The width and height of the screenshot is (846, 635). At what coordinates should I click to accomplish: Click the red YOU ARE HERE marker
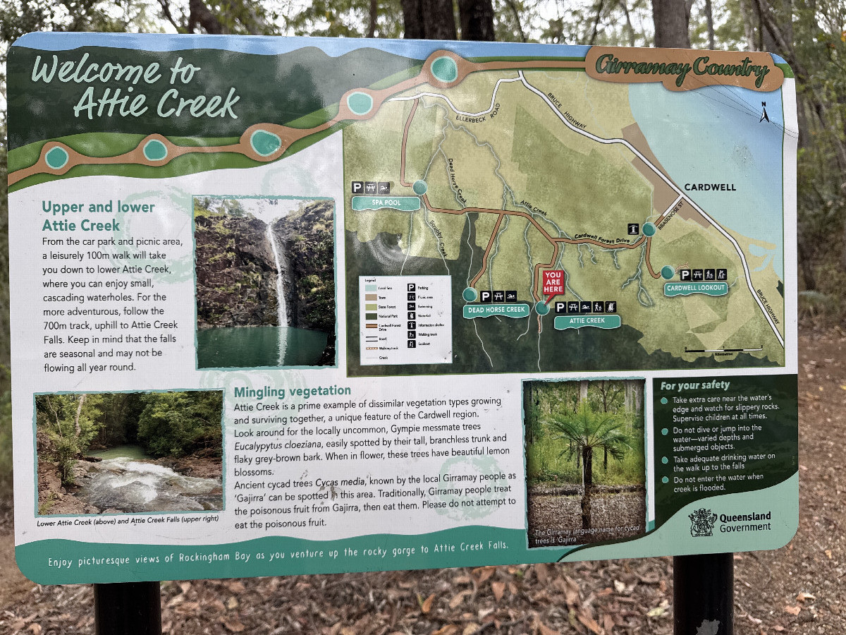pos(553,282)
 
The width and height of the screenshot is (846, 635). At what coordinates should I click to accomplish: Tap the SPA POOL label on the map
pos(385,203)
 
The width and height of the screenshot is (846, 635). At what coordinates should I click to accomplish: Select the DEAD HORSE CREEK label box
pos(496,310)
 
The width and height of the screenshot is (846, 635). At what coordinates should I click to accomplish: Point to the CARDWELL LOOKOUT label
pos(696,288)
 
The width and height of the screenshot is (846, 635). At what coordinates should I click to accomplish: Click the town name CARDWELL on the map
pos(709,187)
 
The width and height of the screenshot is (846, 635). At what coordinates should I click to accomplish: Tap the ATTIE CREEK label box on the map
pos(587,321)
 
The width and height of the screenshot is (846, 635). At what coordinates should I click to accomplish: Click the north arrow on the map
pos(764,112)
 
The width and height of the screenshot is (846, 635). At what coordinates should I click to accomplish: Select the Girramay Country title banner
pos(681,69)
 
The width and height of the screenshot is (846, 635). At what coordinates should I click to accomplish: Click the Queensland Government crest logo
pos(701,522)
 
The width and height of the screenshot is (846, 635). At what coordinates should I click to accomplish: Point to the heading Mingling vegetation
pos(292,390)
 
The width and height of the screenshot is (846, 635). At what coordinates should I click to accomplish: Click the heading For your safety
pos(695,385)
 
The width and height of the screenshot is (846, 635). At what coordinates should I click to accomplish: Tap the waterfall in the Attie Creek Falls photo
pos(279,275)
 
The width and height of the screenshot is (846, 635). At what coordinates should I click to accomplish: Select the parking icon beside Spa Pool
pos(357,188)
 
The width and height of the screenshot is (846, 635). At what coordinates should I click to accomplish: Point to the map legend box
pos(405,319)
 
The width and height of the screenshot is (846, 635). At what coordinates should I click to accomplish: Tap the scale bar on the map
pos(723,349)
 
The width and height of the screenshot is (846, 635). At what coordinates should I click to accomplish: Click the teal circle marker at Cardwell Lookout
pos(667,272)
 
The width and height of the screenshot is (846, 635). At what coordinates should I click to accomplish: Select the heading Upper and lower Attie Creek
pos(98,216)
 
